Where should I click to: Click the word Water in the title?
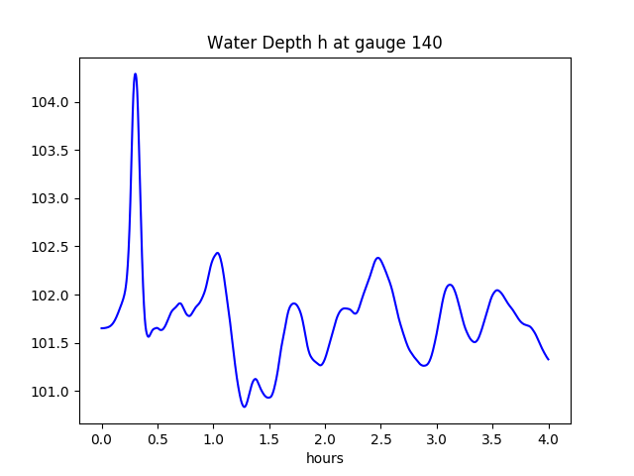229,44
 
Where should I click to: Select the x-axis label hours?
325,459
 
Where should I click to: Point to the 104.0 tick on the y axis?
51,103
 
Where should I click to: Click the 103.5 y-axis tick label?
51,151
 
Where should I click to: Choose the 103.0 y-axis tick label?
51,199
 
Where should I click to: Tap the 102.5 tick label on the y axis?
51,247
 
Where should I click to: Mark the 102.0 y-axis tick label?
51,296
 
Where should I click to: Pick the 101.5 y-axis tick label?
51,343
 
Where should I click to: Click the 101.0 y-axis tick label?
51,392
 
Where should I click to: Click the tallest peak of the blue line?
135,73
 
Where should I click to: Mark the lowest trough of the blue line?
244,407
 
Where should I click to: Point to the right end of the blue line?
549,359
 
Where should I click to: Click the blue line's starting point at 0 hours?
102,328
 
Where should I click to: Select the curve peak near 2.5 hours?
377,258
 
